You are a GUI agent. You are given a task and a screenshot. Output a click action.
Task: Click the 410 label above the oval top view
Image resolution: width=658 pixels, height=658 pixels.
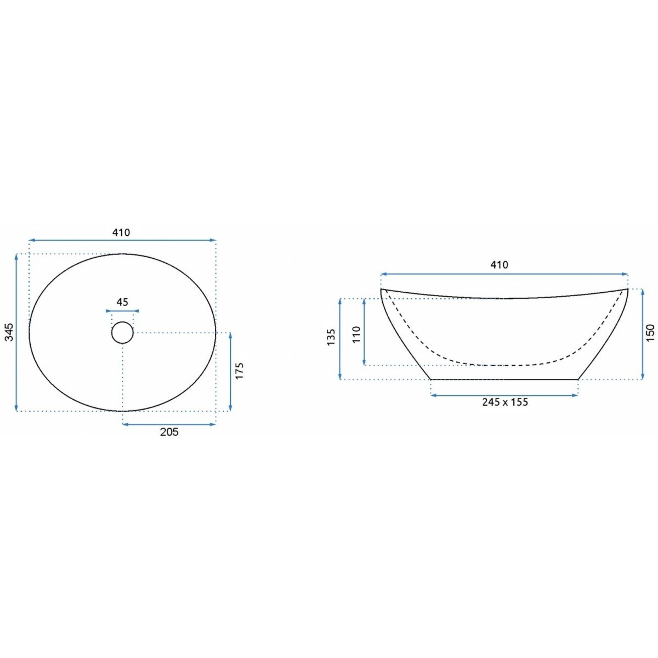121,232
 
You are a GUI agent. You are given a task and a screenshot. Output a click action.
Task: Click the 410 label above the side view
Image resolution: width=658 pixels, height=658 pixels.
499,265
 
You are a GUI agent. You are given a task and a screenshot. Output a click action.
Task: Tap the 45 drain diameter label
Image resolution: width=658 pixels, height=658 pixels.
122,302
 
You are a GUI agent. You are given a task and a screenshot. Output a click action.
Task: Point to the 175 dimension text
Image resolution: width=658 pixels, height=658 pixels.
240,371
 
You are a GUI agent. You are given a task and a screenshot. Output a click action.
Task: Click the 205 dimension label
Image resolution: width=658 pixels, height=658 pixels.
169,432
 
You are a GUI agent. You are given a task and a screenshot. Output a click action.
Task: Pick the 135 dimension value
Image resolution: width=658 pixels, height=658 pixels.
331,337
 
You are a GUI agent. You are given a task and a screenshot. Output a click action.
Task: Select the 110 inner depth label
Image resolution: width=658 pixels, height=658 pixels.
356,334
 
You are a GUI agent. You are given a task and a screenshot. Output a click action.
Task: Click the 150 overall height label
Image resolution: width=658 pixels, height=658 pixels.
650,333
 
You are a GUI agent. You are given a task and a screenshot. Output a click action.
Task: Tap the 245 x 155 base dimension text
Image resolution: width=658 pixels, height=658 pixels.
505,402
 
